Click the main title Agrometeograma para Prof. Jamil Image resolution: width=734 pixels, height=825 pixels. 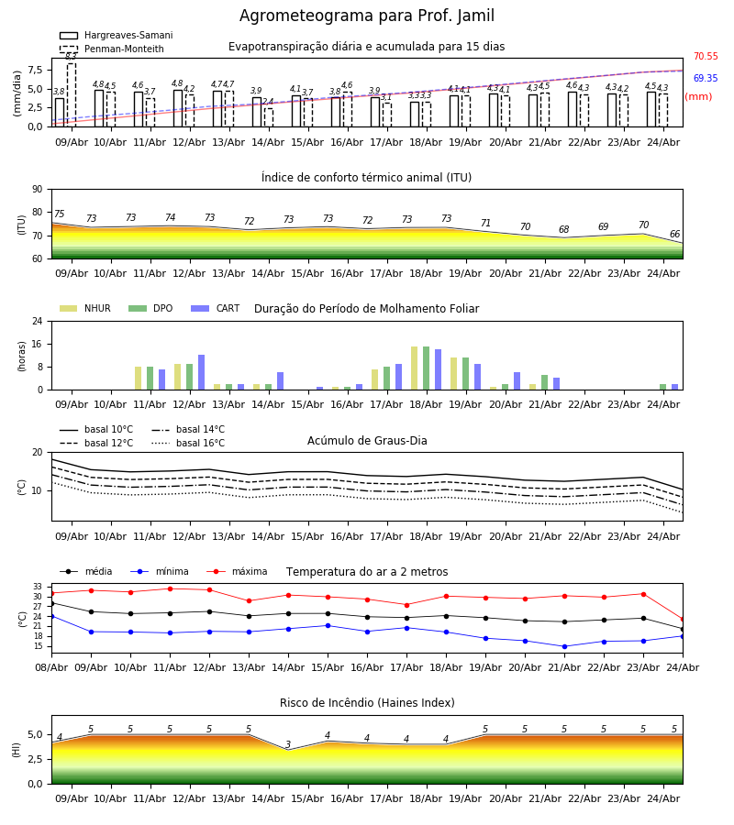point(367,16)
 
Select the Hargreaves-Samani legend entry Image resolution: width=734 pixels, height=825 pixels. point(117,35)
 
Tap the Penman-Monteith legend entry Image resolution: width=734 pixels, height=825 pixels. point(112,49)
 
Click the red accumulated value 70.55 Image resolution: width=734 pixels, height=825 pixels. point(706,56)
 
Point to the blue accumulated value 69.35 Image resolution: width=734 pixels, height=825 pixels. point(706,79)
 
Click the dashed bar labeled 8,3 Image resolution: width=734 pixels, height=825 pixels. point(72,95)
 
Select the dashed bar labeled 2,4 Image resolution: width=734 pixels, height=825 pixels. point(269,118)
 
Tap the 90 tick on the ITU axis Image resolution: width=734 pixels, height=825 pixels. point(38,190)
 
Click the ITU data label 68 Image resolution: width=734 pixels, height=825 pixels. point(564,229)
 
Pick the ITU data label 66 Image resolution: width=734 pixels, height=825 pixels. point(674,234)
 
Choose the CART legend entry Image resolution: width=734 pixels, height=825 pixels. point(216,308)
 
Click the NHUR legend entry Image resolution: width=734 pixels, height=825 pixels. point(85,308)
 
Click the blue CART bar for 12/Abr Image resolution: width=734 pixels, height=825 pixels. point(201,372)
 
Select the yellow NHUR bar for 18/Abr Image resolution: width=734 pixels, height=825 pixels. point(415,368)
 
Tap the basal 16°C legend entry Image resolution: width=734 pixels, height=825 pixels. point(188,443)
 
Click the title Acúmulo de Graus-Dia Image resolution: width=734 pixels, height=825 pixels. point(367,441)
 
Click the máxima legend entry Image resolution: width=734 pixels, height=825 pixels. point(237,571)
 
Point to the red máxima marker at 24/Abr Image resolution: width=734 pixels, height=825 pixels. point(683,620)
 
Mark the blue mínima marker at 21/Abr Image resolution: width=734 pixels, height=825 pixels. point(564,646)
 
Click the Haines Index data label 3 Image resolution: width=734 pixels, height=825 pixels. point(288,744)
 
